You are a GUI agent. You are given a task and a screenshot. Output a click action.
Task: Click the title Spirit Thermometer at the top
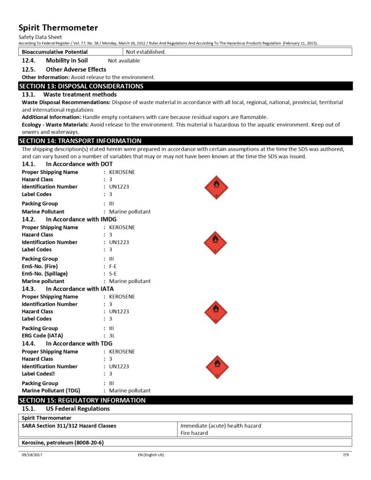point(58,28)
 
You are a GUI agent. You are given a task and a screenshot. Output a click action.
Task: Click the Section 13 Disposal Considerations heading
point(81,86)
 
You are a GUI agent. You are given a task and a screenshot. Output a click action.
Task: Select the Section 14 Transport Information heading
point(80,141)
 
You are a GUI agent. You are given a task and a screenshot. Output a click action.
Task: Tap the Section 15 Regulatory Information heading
point(82,400)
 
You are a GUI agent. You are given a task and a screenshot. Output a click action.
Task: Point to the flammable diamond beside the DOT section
point(216,187)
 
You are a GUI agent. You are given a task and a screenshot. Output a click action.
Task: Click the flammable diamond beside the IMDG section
point(215,243)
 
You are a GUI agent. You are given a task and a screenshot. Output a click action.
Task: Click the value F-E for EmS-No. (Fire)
point(113,266)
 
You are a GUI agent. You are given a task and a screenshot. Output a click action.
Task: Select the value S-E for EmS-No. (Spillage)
point(113,274)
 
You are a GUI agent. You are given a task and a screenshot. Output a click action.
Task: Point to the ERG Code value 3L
point(112,336)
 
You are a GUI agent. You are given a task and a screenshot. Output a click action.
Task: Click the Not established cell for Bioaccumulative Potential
point(146,52)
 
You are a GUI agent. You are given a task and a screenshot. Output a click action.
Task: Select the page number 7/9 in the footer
point(346,455)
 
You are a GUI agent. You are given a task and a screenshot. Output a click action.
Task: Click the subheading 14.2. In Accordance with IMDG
point(69,219)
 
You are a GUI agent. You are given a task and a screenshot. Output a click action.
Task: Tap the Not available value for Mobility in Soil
point(124,60)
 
